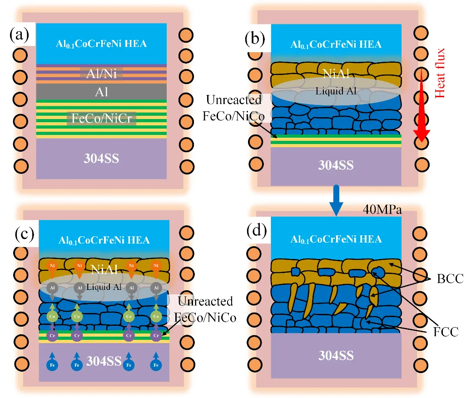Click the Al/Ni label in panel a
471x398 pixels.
101,74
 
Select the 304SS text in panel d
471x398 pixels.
336,355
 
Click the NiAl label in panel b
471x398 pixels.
336,73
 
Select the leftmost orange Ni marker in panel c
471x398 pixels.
53,265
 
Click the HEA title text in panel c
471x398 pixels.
104,240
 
